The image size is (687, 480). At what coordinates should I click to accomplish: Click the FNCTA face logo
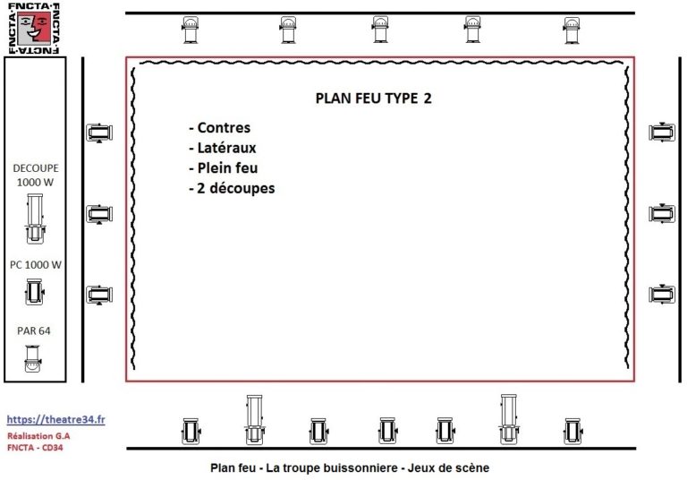34,28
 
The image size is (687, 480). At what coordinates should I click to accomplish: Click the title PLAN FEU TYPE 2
373,99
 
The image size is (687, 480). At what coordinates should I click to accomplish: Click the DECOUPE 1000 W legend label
36,175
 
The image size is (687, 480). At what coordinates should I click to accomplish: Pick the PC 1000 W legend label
36,265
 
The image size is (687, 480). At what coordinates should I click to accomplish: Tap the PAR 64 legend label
34,330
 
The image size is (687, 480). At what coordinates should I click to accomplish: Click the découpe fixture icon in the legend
35,219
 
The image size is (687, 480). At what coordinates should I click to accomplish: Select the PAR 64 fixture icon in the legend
33,358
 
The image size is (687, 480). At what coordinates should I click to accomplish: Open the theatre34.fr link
55,419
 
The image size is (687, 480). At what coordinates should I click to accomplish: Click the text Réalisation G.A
38,436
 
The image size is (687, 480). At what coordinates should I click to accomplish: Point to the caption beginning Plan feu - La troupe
350,467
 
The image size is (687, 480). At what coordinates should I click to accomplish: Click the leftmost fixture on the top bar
191,30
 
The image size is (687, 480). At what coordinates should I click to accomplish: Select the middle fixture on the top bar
380,30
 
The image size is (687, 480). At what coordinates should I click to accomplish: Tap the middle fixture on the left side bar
99,214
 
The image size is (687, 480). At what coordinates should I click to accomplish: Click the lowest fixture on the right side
662,294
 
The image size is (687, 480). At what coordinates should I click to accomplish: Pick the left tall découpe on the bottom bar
254,419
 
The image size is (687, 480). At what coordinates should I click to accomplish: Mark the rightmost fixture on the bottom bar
572,431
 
